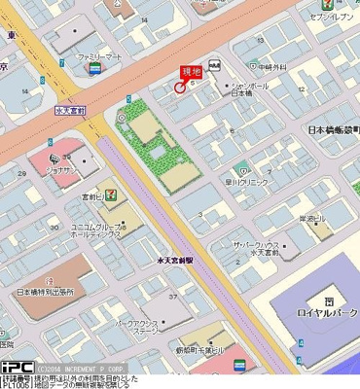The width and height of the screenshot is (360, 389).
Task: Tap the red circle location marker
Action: click(180, 88)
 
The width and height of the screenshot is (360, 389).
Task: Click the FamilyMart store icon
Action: click(93, 70)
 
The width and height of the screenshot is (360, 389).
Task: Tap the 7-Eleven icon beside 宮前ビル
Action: click(114, 194)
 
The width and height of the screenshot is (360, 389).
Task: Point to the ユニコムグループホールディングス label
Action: click(95, 230)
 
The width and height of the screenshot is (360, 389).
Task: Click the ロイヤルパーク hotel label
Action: click(328, 313)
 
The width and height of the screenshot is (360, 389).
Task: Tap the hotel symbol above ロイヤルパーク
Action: click(328, 300)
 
